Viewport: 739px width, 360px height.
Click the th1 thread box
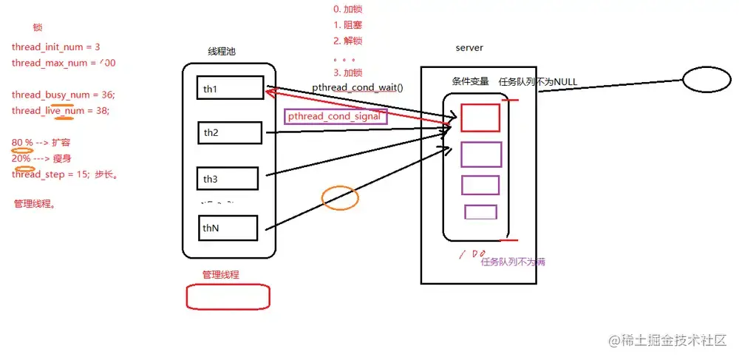[x=230, y=89]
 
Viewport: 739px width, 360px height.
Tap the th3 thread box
[x=228, y=178]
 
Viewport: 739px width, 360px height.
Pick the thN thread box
[x=228, y=228]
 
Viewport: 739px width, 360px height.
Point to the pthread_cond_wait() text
[x=358, y=86]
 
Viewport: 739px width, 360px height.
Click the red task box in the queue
[x=480, y=118]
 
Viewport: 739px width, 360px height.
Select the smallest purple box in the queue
[x=480, y=212]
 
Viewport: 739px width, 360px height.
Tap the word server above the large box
[x=469, y=48]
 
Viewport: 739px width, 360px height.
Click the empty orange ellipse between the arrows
[x=340, y=197]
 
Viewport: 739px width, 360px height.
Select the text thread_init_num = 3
[x=56, y=47]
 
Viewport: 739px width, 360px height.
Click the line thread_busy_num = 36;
[x=64, y=95]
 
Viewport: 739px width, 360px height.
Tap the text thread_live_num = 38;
[x=61, y=111]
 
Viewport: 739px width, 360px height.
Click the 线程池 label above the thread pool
[x=222, y=52]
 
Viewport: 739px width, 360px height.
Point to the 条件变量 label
[x=471, y=81]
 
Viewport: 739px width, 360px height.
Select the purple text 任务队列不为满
[x=513, y=262]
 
